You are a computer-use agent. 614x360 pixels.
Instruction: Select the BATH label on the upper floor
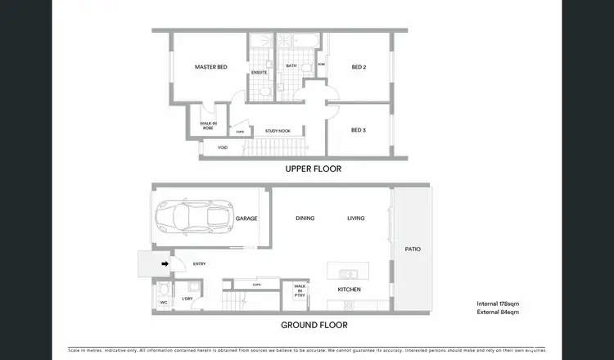(291, 66)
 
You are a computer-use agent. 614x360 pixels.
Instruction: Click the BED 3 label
(358, 130)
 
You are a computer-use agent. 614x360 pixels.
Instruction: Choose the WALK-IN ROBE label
(207, 126)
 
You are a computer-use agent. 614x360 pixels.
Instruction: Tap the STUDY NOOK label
(277, 131)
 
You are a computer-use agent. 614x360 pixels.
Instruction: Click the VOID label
(222, 148)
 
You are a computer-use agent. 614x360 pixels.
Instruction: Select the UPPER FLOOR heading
(313, 169)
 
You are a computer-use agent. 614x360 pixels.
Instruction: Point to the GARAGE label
(246, 218)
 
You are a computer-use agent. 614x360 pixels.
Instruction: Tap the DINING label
(305, 218)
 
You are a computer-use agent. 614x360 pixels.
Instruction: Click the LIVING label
(356, 218)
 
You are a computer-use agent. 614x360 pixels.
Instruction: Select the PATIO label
(413, 249)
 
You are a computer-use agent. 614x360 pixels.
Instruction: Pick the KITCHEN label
(350, 290)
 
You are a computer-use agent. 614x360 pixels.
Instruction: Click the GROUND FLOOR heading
(315, 325)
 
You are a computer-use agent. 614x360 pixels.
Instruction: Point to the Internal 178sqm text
(499, 304)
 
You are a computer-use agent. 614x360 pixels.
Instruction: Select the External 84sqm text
(499, 311)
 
